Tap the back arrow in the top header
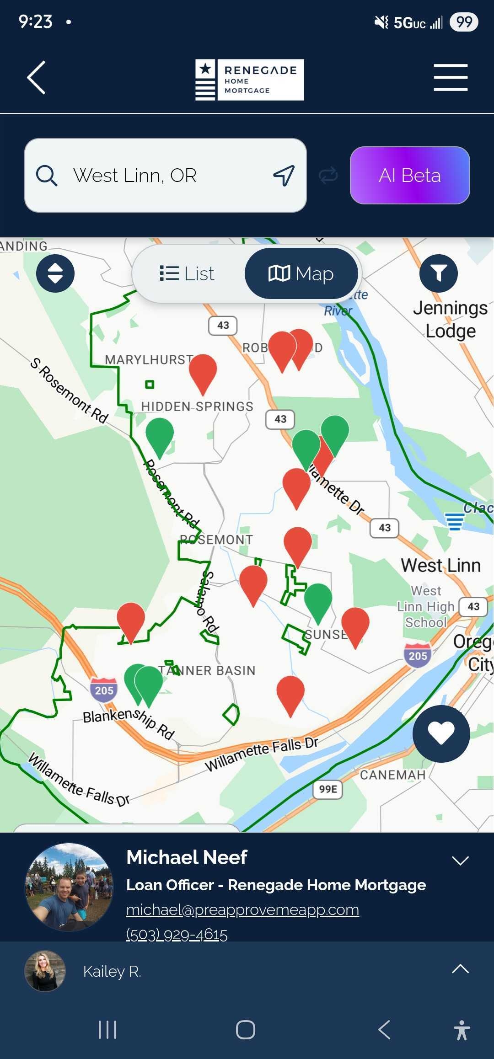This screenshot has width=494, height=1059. pos(37,78)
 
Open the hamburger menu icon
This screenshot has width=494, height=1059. pos(451,78)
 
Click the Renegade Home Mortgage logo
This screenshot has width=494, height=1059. pos(249,80)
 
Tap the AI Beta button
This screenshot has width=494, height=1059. pos(410,175)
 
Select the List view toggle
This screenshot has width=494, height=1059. pos(188,273)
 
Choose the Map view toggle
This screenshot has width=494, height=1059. pos(301,273)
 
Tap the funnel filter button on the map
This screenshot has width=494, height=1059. pos(438,273)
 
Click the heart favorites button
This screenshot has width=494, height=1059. pos(441,733)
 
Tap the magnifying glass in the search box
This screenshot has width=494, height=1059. pos(47,176)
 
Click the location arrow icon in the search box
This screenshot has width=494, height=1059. pos(284,176)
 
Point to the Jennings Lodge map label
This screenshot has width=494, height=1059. pos(451,319)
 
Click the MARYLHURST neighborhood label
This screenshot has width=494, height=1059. pos(149,360)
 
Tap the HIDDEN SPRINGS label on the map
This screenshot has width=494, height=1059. pos(197,406)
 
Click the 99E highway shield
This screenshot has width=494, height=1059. pos(328,789)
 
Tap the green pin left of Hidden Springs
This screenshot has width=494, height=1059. pos(160,434)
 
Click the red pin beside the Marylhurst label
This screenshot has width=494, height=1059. pos(203,371)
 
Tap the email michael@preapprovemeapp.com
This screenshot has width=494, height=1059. pos(242,910)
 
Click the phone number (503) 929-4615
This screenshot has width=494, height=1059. pos(177,934)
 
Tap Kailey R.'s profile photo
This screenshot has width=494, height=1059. pos(45,971)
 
